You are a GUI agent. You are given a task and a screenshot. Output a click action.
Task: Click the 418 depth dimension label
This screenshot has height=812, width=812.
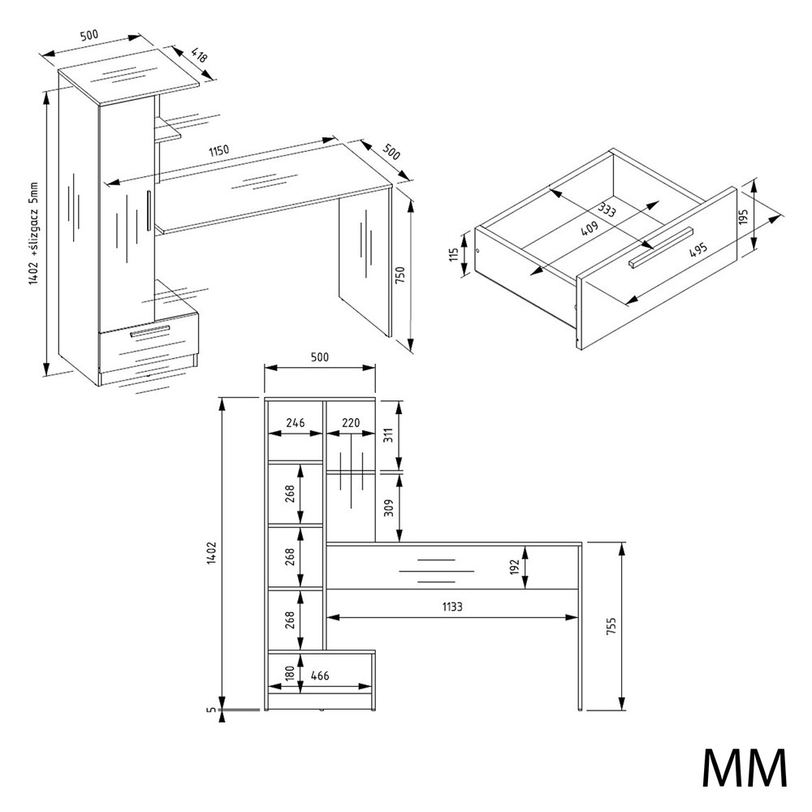199,55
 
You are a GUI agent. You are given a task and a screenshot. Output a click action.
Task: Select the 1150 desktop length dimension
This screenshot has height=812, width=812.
218,151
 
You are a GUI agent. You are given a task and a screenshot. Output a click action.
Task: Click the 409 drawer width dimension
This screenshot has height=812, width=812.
589,228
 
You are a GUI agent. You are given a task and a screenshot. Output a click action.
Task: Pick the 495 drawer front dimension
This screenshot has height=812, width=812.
698,251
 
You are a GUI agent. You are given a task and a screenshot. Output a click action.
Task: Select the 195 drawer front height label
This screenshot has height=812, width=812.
744,218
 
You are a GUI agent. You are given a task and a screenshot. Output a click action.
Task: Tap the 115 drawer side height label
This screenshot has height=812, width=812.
454,254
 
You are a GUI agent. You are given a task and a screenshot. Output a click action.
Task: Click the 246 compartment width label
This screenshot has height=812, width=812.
296,422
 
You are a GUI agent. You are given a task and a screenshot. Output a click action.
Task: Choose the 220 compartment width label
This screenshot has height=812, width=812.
351,422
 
